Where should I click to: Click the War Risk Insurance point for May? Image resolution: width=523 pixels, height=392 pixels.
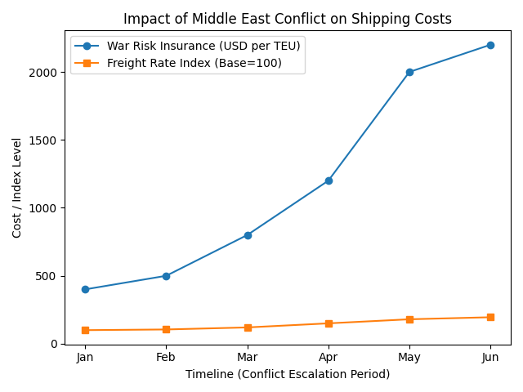coord(409,72)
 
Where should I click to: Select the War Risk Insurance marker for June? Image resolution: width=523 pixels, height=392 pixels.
coord(490,45)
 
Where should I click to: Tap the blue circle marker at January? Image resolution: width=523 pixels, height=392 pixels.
coord(85,289)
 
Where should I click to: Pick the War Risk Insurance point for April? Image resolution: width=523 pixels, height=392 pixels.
coord(329,180)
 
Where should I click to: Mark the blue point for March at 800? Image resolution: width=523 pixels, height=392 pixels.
coord(248,235)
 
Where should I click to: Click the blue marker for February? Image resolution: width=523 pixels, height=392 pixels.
coord(166,276)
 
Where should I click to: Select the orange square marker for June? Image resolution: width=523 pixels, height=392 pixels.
coord(490,317)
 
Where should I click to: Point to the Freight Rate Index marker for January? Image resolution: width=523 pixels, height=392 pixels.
coord(85,330)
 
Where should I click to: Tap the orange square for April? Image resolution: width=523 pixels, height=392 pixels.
coord(329,323)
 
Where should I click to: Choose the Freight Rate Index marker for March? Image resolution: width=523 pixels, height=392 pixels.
coord(248,327)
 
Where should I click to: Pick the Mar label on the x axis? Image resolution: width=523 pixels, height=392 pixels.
coord(248,358)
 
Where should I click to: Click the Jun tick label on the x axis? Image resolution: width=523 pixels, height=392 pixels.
coord(490,358)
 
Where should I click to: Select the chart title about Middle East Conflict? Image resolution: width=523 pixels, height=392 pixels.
coord(288,19)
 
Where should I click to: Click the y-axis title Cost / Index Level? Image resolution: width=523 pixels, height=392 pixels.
coord(17,188)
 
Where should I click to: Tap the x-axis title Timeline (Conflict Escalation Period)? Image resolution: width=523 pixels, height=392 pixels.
coord(288,374)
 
